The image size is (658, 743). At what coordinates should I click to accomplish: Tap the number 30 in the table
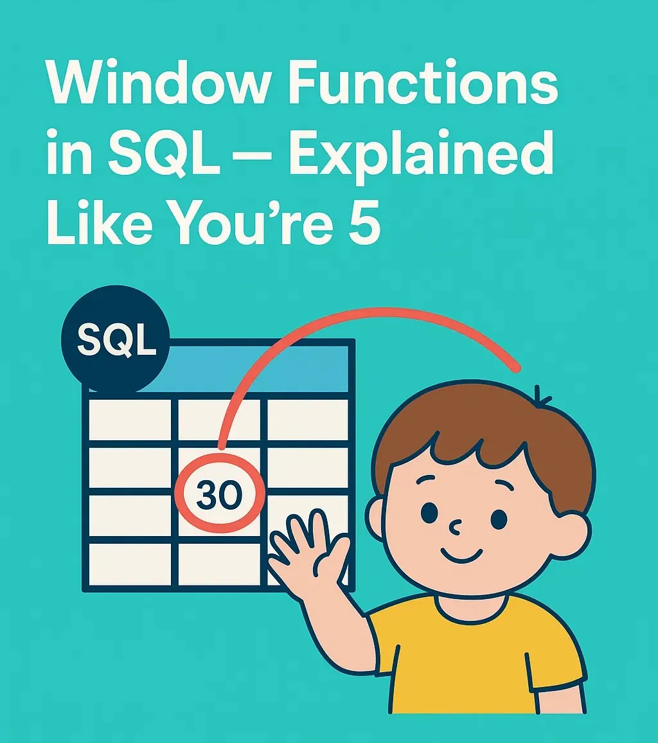(219, 496)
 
